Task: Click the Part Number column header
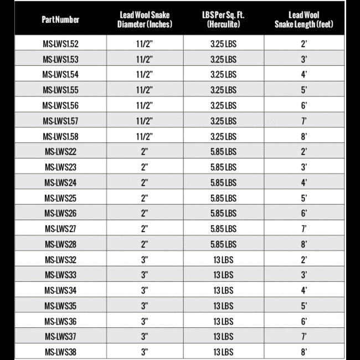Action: pyautogui.click(x=60, y=19)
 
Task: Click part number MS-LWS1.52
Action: pyautogui.click(x=60, y=43)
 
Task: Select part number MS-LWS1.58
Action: pyautogui.click(x=60, y=136)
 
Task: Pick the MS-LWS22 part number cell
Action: pyautogui.click(x=60, y=152)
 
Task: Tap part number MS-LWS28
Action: pyautogui.click(x=60, y=243)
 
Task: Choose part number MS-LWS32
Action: pyautogui.click(x=60, y=259)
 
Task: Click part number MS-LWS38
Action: pyautogui.click(x=60, y=351)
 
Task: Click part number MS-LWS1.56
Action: pyautogui.click(x=60, y=105)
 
